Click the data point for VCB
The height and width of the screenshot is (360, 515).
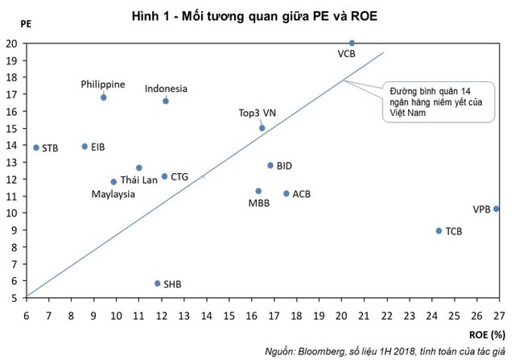tap(352, 43)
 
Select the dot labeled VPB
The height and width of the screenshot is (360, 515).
tap(496, 209)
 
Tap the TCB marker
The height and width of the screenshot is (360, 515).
tap(439, 230)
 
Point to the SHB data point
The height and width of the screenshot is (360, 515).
tap(157, 283)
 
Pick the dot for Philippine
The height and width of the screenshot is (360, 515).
tap(103, 97)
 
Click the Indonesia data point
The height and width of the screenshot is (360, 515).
tap(166, 101)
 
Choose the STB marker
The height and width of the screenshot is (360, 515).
tap(36, 147)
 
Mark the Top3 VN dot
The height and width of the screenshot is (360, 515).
tap(262, 127)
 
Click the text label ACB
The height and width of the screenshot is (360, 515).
tap(302, 194)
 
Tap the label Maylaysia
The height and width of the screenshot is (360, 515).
tap(113, 194)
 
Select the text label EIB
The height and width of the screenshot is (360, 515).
tap(98, 147)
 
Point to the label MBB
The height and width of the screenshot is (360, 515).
tap(259, 202)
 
